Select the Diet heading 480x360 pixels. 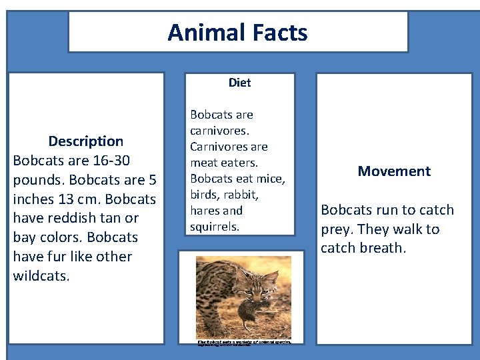click(239, 83)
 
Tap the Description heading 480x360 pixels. click(86, 141)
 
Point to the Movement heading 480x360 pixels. click(394, 171)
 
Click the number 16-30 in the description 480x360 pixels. click(108, 161)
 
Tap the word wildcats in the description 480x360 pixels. click(41, 276)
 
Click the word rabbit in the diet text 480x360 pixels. click(243, 195)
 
